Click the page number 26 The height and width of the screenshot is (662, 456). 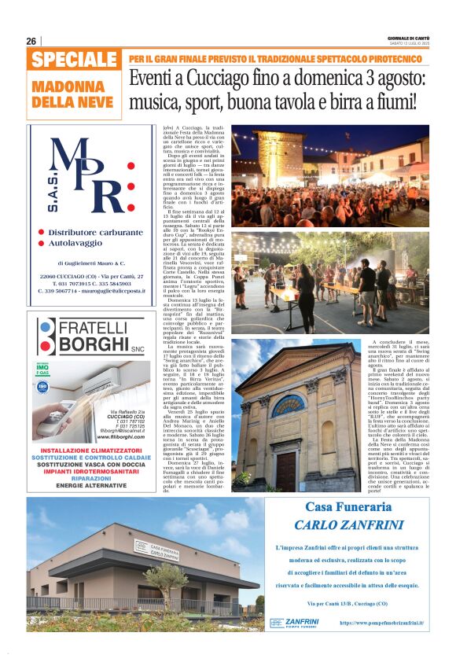tap(31, 41)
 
